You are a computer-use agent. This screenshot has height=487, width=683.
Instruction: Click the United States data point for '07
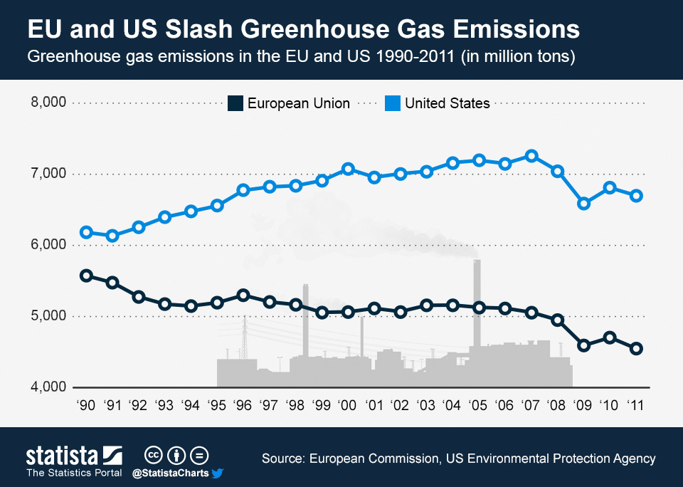(x=531, y=156)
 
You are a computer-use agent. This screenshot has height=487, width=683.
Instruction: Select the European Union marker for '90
(x=86, y=276)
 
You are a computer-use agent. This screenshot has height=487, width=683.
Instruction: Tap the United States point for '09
(x=584, y=204)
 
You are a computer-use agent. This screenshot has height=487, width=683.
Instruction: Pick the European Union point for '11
(x=637, y=349)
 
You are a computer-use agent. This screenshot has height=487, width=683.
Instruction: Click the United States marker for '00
(x=348, y=169)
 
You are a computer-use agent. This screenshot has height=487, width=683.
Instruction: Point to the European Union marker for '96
(x=243, y=295)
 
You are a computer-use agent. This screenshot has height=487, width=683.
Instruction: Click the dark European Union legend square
(x=235, y=103)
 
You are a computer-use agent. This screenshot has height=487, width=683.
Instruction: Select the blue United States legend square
(x=392, y=103)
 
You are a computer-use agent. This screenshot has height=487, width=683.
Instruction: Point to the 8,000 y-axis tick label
(x=48, y=103)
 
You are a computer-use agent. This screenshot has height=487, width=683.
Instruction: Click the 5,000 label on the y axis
(x=48, y=316)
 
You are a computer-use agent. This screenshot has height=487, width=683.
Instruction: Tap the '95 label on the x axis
(x=216, y=406)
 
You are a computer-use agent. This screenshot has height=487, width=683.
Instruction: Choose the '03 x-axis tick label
(x=426, y=406)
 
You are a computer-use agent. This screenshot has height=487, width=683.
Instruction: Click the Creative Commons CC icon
(x=152, y=454)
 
